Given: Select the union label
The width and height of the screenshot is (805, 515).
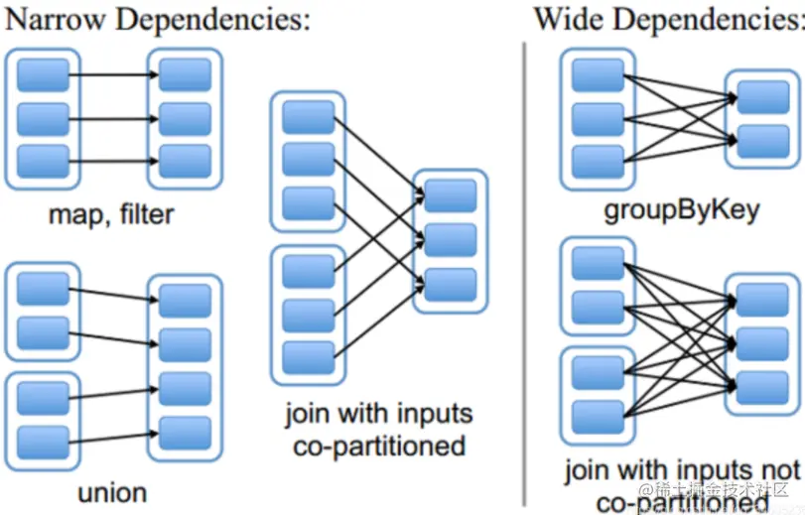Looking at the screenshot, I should (111, 492).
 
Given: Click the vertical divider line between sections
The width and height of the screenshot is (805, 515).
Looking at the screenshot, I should (524, 268).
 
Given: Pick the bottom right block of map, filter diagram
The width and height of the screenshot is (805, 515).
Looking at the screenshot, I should (186, 160).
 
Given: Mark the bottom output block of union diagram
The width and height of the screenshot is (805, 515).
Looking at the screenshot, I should (186, 430).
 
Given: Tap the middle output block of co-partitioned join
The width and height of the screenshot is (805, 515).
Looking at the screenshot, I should (450, 239).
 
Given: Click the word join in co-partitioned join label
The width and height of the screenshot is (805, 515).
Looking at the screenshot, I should (307, 414).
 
